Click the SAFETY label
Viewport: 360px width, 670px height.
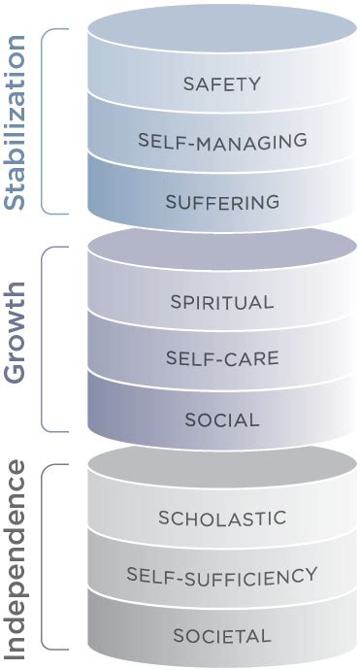coord(222,84)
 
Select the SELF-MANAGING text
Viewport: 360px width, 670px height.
coord(222,141)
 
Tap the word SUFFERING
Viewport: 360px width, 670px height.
coord(222,202)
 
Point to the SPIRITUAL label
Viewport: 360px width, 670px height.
coord(222,301)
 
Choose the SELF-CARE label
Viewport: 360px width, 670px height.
coord(222,359)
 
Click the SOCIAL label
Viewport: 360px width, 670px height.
coord(222,420)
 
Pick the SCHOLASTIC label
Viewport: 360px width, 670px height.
coord(222,518)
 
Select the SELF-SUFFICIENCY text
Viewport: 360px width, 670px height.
coord(222,576)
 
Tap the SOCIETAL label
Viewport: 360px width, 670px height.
coord(222,636)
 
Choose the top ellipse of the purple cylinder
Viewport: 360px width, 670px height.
coord(222,250)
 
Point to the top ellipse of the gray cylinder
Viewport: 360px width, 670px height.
coord(222,466)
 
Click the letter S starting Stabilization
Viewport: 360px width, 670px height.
coord(15,198)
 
